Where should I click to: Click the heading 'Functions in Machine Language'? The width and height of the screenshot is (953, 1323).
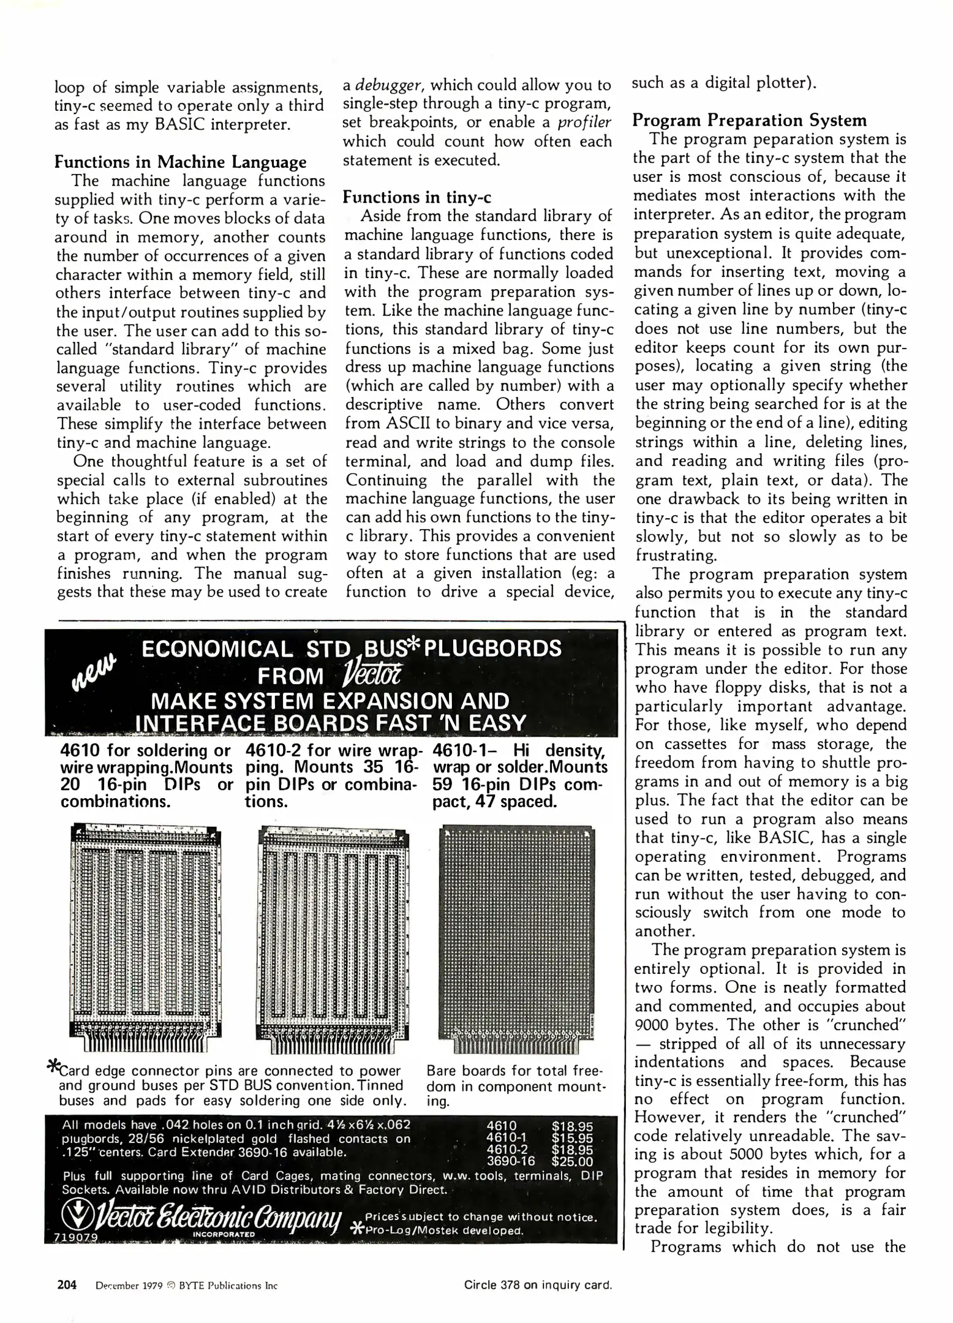(x=181, y=162)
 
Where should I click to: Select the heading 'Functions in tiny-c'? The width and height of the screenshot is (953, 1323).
(x=416, y=197)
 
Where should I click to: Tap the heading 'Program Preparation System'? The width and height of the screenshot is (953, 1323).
(x=750, y=120)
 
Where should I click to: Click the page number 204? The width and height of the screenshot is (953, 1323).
(x=67, y=1285)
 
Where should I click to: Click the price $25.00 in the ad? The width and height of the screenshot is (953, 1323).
(x=572, y=1161)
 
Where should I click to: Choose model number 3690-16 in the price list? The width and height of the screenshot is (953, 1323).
(x=510, y=1161)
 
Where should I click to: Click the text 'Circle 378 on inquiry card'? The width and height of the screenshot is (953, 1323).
(x=538, y=1285)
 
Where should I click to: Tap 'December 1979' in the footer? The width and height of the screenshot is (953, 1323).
(x=129, y=1286)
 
